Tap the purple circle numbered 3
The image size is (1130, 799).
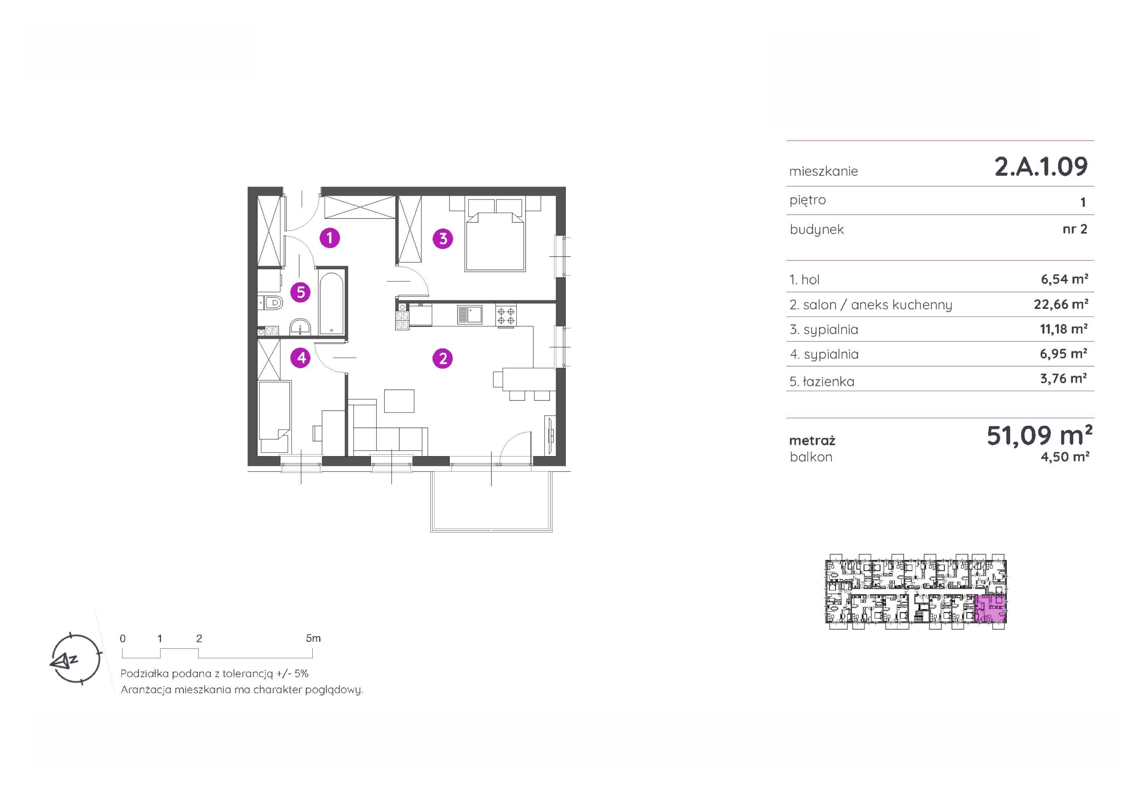pyautogui.click(x=443, y=239)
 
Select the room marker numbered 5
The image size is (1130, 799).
pyautogui.click(x=301, y=292)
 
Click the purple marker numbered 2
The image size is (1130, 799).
pyautogui.click(x=443, y=358)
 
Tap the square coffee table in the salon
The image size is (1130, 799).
pyautogui.click(x=399, y=401)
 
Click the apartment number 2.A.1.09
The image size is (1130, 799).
pyautogui.click(x=1041, y=166)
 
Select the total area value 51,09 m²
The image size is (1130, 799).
pyautogui.click(x=1039, y=435)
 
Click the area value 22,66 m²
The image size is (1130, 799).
pyautogui.click(x=1061, y=304)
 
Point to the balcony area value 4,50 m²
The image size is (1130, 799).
pyautogui.click(x=1065, y=457)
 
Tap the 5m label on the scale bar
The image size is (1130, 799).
pyautogui.click(x=313, y=638)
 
